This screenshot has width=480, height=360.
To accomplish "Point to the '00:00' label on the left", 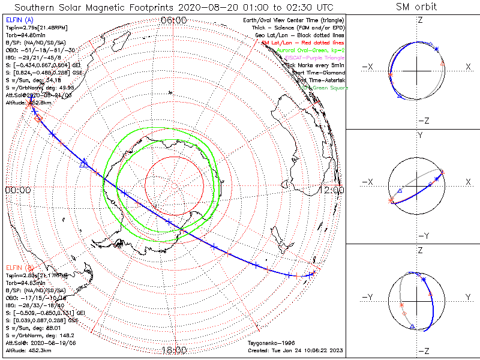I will click(x=17, y=190).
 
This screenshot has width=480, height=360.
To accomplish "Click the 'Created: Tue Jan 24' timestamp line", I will click(x=295, y=350).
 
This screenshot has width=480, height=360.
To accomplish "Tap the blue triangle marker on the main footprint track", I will click(x=85, y=162).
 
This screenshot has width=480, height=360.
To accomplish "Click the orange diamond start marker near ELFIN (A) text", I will click(x=38, y=119).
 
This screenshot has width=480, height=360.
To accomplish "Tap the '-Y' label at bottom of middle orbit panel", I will click(x=422, y=236).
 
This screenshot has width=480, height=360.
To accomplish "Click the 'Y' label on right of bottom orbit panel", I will click(x=468, y=297).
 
